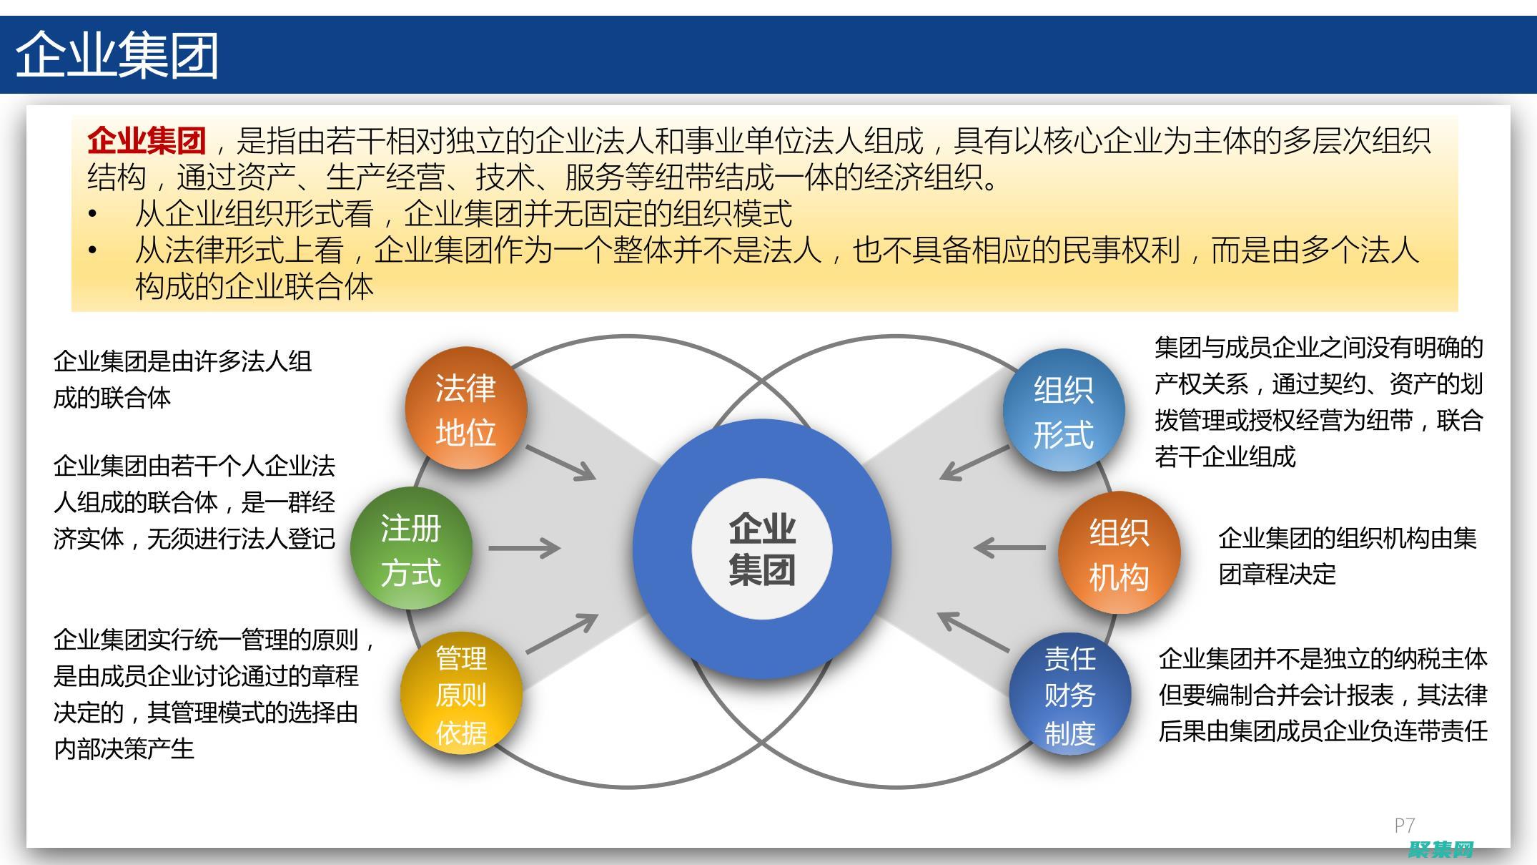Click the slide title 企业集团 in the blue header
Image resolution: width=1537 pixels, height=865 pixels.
click(117, 55)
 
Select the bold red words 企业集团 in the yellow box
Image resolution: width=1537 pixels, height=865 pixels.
click(147, 141)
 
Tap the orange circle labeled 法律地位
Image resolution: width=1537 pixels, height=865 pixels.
click(465, 409)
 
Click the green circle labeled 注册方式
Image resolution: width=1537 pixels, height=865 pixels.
click(411, 549)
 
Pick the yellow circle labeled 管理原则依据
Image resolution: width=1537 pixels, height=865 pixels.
click(461, 693)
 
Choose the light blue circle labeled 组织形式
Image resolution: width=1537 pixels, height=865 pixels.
click(1063, 411)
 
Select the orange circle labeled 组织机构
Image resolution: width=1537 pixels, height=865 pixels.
click(1119, 552)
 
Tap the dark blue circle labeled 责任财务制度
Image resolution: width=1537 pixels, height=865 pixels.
click(1069, 695)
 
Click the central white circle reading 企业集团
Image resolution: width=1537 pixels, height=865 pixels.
click(761, 549)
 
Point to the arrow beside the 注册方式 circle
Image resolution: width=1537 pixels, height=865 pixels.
click(524, 549)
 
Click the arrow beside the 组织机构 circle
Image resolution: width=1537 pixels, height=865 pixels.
click(1009, 548)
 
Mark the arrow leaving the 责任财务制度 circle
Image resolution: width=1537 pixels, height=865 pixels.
click(973, 632)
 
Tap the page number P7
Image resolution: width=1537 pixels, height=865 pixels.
click(1404, 825)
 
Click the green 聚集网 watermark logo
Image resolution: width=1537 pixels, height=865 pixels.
click(1440, 849)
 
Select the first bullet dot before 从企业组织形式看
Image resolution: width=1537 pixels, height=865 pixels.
click(92, 214)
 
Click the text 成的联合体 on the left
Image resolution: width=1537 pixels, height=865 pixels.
click(112, 398)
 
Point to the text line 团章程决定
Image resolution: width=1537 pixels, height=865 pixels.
click(1277, 575)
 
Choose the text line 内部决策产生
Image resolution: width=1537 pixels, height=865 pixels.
click(124, 749)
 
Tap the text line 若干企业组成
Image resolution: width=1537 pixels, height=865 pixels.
click(1225, 456)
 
